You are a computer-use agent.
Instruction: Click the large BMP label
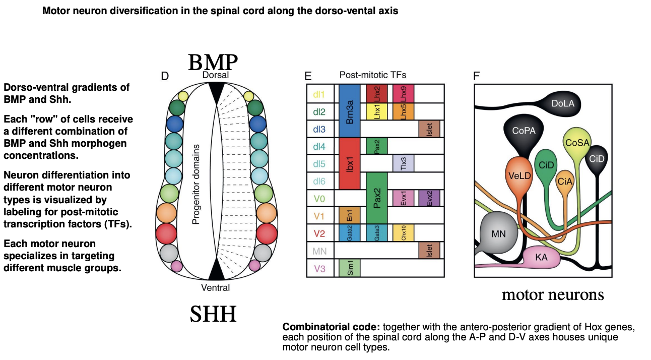(x=213, y=63)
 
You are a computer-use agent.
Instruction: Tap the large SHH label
(x=213, y=314)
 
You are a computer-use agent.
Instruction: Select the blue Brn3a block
(x=349, y=111)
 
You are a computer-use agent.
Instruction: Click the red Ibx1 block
(x=349, y=163)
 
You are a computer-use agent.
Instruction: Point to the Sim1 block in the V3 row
(x=349, y=268)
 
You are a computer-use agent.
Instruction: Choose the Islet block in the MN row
(x=429, y=251)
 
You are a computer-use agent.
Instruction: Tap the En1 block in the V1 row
(x=349, y=215)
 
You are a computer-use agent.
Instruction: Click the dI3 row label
(x=319, y=129)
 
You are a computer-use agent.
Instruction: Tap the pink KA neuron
(x=542, y=257)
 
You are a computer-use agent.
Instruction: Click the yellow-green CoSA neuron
(x=577, y=143)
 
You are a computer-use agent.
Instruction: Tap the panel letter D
(x=164, y=76)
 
